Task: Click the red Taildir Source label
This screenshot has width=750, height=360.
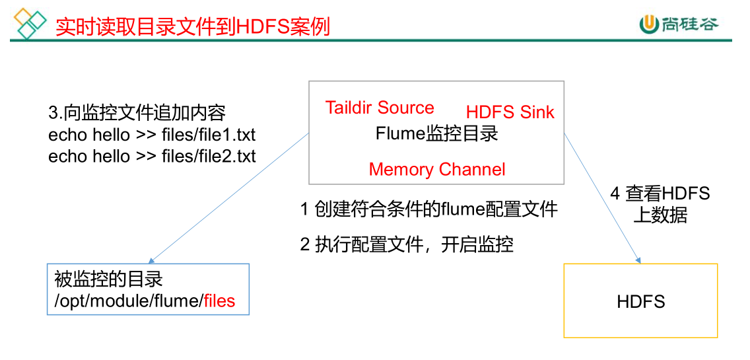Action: [x=380, y=108]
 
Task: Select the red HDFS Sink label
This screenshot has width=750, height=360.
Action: [x=510, y=112]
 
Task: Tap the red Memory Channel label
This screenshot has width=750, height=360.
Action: [x=437, y=169]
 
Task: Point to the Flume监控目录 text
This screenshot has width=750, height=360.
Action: [x=436, y=133]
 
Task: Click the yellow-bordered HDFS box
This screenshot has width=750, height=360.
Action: [x=640, y=301]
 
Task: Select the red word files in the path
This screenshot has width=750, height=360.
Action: [x=219, y=301]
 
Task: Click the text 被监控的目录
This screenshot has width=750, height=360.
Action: [x=108, y=279]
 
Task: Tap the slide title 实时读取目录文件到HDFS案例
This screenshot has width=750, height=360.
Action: [x=192, y=26]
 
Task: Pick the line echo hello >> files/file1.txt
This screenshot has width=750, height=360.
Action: [x=152, y=135]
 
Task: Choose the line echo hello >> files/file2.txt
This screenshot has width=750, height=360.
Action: [x=152, y=157]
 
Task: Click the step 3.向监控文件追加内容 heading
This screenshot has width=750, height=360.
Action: [x=137, y=113]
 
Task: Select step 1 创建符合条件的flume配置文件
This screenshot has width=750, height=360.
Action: [x=429, y=210]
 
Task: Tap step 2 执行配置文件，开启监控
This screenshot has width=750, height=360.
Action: [x=407, y=244]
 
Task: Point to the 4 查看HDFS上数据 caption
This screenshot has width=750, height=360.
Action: [x=660, y=204]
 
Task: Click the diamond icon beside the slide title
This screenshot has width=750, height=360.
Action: [x=30, y=24]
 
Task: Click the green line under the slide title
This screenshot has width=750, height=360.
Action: [x=370, y=41]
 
